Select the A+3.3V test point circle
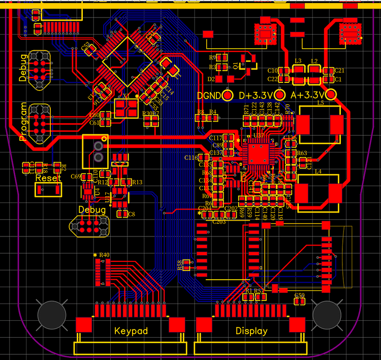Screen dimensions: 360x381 (332, 95)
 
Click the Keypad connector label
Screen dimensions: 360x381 (131, 331)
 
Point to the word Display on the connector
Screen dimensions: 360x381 (251, 331)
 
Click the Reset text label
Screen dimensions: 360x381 (48, 178)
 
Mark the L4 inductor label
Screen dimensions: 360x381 (319, 172)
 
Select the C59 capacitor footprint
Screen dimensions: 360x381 (299, 302)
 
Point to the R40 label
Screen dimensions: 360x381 (104, 255)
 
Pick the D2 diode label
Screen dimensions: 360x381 (211, 79)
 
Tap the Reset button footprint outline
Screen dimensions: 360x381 (49, 190)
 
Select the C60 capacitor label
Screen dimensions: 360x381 (94, 115)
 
